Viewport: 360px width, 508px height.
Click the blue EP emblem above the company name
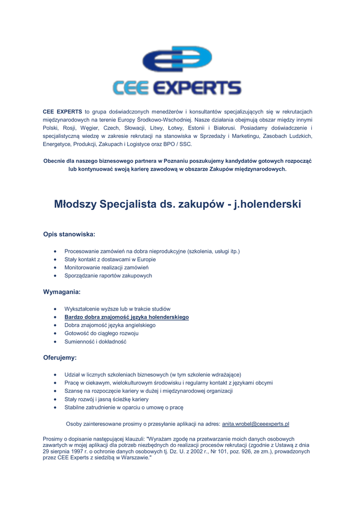pos(177,59)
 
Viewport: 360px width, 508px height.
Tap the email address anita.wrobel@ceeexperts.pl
pos(255,424)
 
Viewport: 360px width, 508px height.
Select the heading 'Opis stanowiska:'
pos(69,234)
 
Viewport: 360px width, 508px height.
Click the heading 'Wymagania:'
pos(62,292)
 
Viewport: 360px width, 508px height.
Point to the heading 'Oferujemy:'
pos(60,357)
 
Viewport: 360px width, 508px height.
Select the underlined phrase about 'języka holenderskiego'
pos(127,317)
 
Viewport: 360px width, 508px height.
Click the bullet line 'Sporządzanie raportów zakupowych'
pos(108,275)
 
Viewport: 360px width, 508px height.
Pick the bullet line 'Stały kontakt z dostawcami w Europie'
pos(110,259)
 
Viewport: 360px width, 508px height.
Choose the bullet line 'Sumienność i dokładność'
pos(95,342)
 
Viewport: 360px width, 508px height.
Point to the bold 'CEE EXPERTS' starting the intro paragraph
pos(62,112)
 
